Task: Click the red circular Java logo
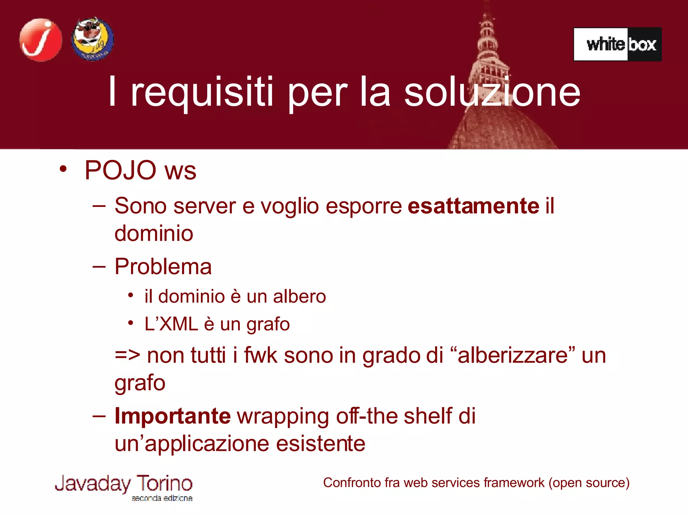point(41,40)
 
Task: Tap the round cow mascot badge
point(92,39)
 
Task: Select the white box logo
point(617,44)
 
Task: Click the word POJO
point(120,170)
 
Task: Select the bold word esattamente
point(473,206)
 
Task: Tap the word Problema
point(163,267)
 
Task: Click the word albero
point(299,297)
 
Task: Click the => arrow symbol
point(127,355)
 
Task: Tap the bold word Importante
point(173,416)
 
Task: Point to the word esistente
point(321,444)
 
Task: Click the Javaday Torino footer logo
point(124,486)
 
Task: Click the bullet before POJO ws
point(63,169)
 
